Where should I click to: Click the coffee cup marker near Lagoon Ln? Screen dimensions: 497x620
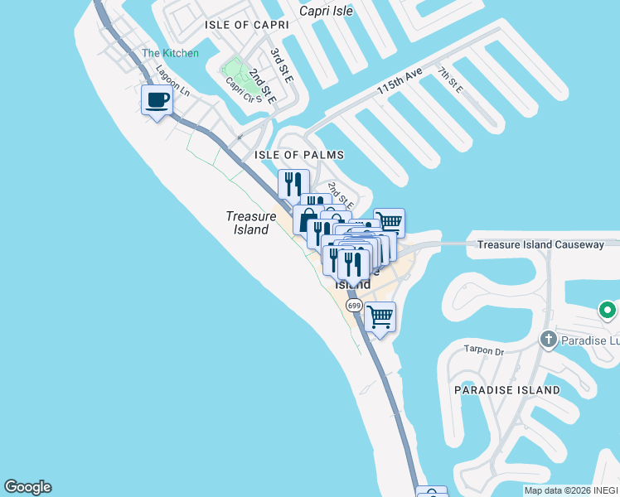pos(157,101)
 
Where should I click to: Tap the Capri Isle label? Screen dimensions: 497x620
pos(325,12)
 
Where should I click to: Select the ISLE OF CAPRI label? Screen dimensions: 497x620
pos(247,26)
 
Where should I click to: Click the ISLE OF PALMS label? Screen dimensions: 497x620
pos(299,155)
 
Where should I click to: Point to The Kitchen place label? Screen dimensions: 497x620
pos(170,53)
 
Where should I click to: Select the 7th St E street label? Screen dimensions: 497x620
pos(450,79)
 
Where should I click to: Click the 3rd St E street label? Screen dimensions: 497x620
pos(277,62)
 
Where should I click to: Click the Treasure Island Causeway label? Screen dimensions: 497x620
pos(540,244)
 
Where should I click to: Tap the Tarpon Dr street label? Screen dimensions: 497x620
pos(484,350)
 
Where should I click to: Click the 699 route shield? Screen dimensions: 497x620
pos(354,306)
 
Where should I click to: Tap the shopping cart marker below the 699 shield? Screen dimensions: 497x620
pos(380,316)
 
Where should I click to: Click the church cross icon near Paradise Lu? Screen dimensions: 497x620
pos(547,340)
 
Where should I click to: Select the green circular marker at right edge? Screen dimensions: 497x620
pos(608,311)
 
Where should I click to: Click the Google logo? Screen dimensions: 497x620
pos(27,487)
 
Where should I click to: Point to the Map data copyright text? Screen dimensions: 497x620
pos(571,490)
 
